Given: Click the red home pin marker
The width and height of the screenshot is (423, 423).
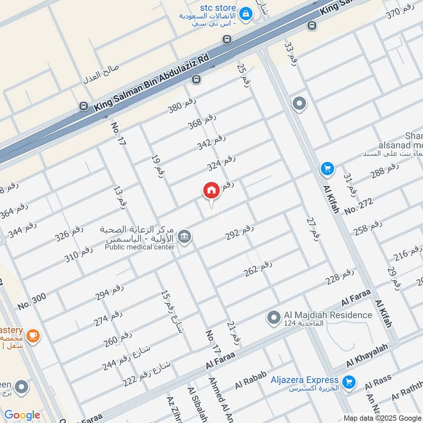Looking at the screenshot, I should (211, 191).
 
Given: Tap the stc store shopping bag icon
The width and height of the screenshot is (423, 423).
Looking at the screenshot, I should (245, 15).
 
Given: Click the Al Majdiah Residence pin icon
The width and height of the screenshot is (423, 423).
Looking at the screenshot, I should (273, 318).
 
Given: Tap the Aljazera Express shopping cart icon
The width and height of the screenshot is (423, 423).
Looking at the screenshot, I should (348, 382).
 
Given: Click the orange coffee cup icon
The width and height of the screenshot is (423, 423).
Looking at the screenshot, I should (33, 335).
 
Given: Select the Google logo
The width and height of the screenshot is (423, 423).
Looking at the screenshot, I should (22, 415).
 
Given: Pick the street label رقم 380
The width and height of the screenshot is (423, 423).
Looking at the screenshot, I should (182, 107).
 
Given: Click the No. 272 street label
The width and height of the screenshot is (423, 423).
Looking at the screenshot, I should (358, 206).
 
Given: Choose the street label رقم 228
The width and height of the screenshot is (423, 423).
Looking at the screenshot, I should (339, 277).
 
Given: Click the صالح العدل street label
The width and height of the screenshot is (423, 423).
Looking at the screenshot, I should (102, 75).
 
